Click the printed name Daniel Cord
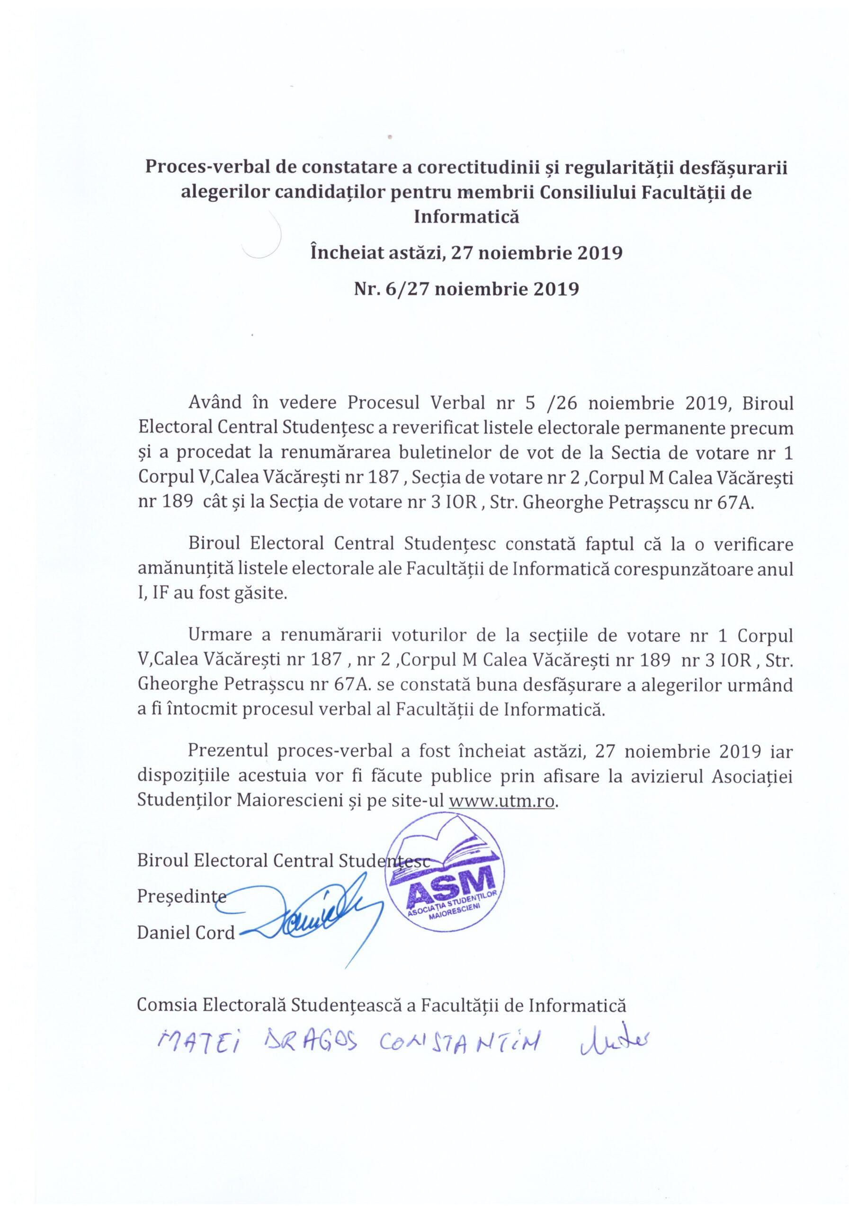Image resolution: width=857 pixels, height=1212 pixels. [x=186, y=933]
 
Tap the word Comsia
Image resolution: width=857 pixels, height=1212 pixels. [x=163, y=1006]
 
